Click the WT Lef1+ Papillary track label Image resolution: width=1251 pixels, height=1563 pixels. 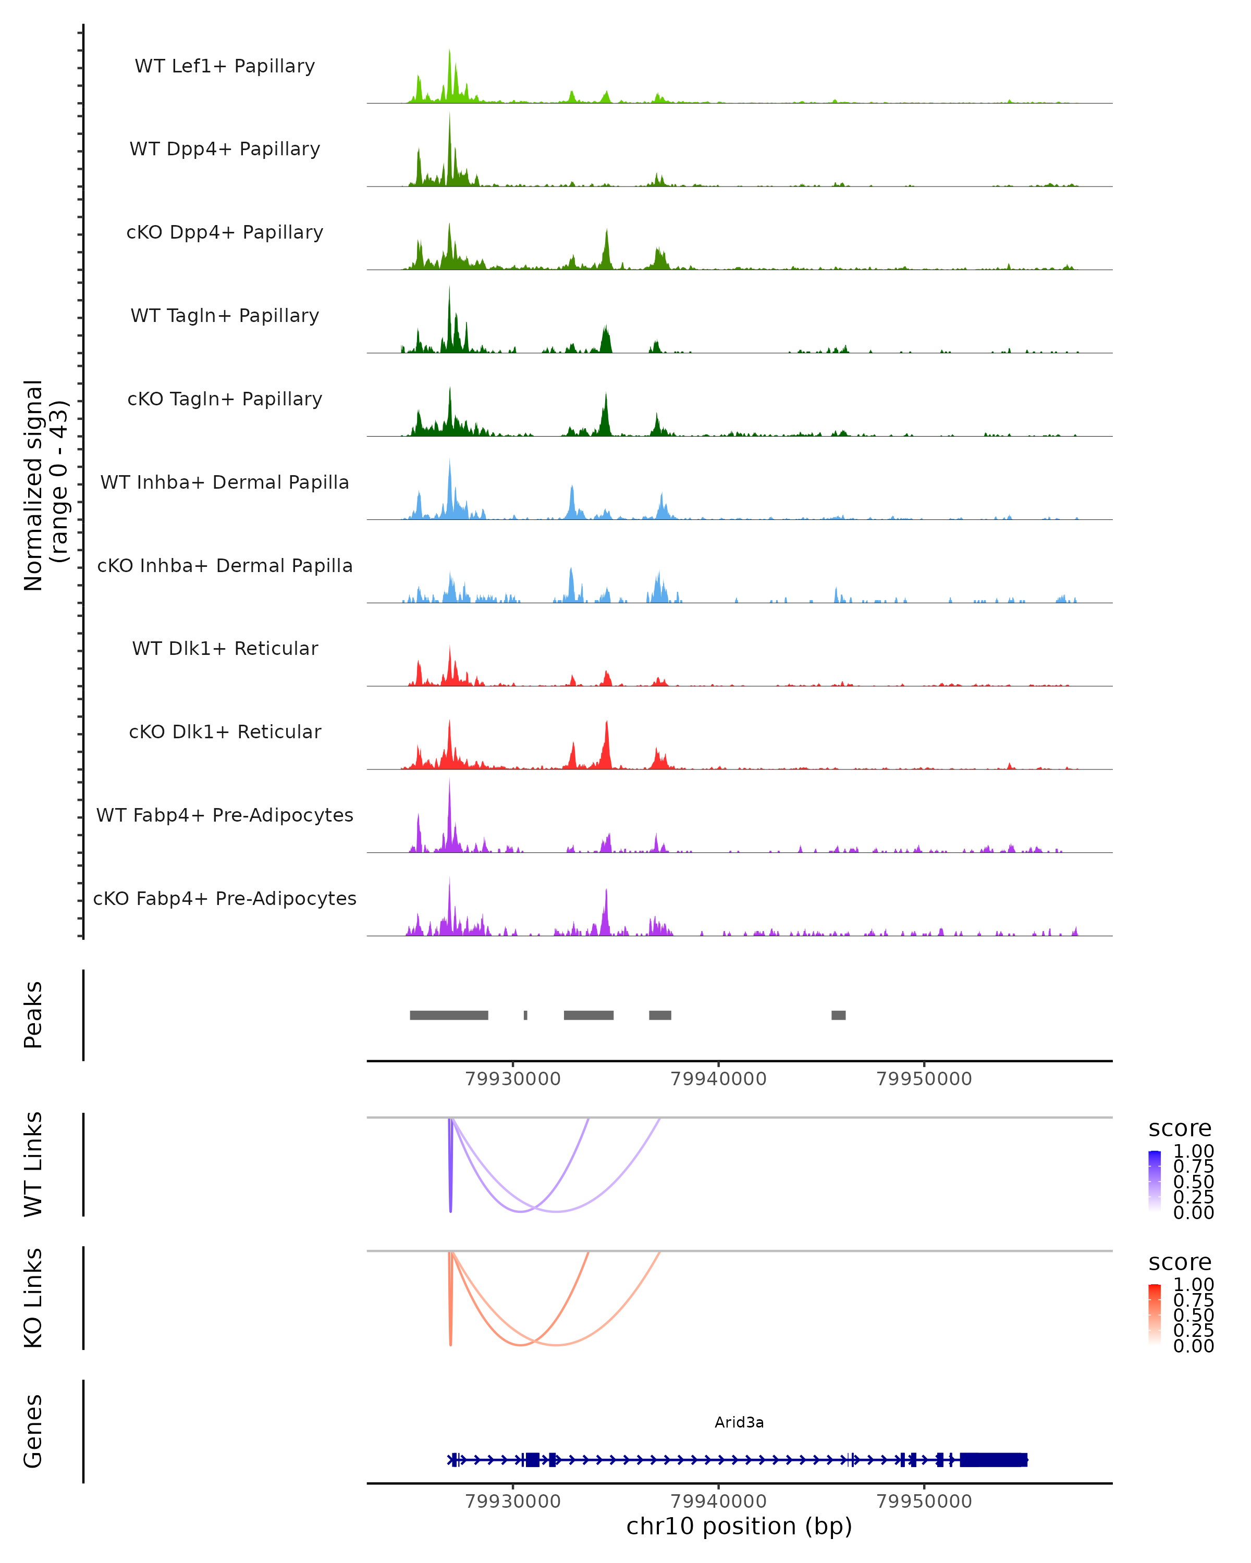coord(225,66)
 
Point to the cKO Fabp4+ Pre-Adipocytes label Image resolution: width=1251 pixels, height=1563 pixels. coord(225,898)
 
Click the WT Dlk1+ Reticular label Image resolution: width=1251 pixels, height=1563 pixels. coord(225,648)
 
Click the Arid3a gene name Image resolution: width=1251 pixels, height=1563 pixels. coord(739,1422)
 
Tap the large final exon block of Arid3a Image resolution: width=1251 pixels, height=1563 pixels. coord(994,1460)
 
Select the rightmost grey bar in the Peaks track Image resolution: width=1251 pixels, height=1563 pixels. coord(838,1015)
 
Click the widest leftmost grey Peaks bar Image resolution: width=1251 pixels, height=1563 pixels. coord(449,1015)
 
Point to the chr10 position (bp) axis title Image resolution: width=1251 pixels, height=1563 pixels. coord(739,1527)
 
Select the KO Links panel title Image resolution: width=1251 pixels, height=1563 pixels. coord(33,1298)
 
